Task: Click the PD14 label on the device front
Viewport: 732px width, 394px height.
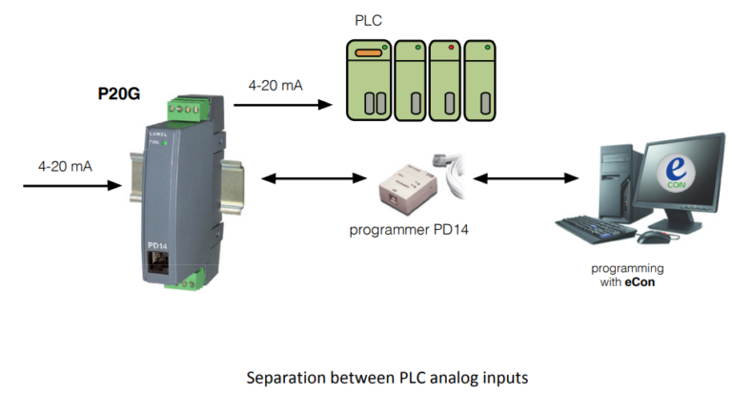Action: click(158, 244)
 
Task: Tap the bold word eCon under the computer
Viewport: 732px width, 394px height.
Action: click(640, 282)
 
